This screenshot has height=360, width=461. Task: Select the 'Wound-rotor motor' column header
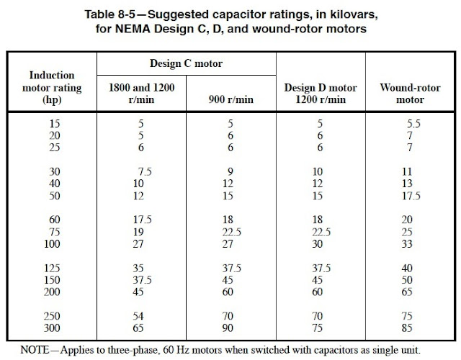point(409,92)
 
